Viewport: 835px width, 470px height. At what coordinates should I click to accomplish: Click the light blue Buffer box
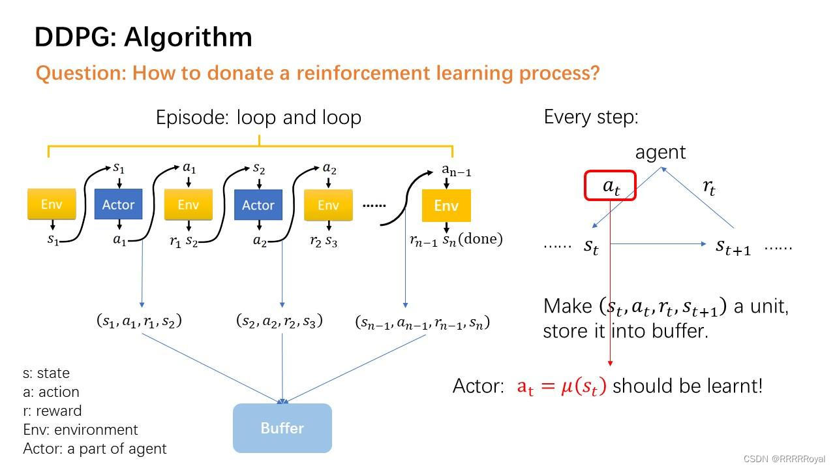click(282, 428)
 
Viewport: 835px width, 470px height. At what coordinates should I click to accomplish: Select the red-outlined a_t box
click(610, 186)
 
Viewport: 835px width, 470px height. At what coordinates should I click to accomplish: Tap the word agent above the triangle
click(660, 152)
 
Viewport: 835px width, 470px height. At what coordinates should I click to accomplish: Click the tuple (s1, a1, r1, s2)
click(139, 321)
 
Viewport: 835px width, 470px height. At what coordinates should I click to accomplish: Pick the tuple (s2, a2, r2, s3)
click(279, 321)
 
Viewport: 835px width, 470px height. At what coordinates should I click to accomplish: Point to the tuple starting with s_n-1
click(422, 322)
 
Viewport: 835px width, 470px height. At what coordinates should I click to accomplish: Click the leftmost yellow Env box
click(52, 204)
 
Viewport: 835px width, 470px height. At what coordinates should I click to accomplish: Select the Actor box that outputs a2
click(258, 205)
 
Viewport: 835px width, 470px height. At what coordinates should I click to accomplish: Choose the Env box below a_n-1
click(446, 206)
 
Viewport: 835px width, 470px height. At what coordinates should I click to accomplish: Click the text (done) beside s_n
click(480, 239)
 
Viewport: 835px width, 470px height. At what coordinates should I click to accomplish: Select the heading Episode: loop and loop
click(258, 117)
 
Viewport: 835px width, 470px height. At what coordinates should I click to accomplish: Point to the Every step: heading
click(591, 117)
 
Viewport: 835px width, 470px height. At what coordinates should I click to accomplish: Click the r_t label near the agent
click(708, 187)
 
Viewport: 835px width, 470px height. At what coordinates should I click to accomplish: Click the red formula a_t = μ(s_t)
click(561, 386)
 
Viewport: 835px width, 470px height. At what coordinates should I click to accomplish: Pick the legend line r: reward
click(52, 411)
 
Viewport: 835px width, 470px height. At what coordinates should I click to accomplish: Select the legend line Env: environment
click(80, 430)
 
